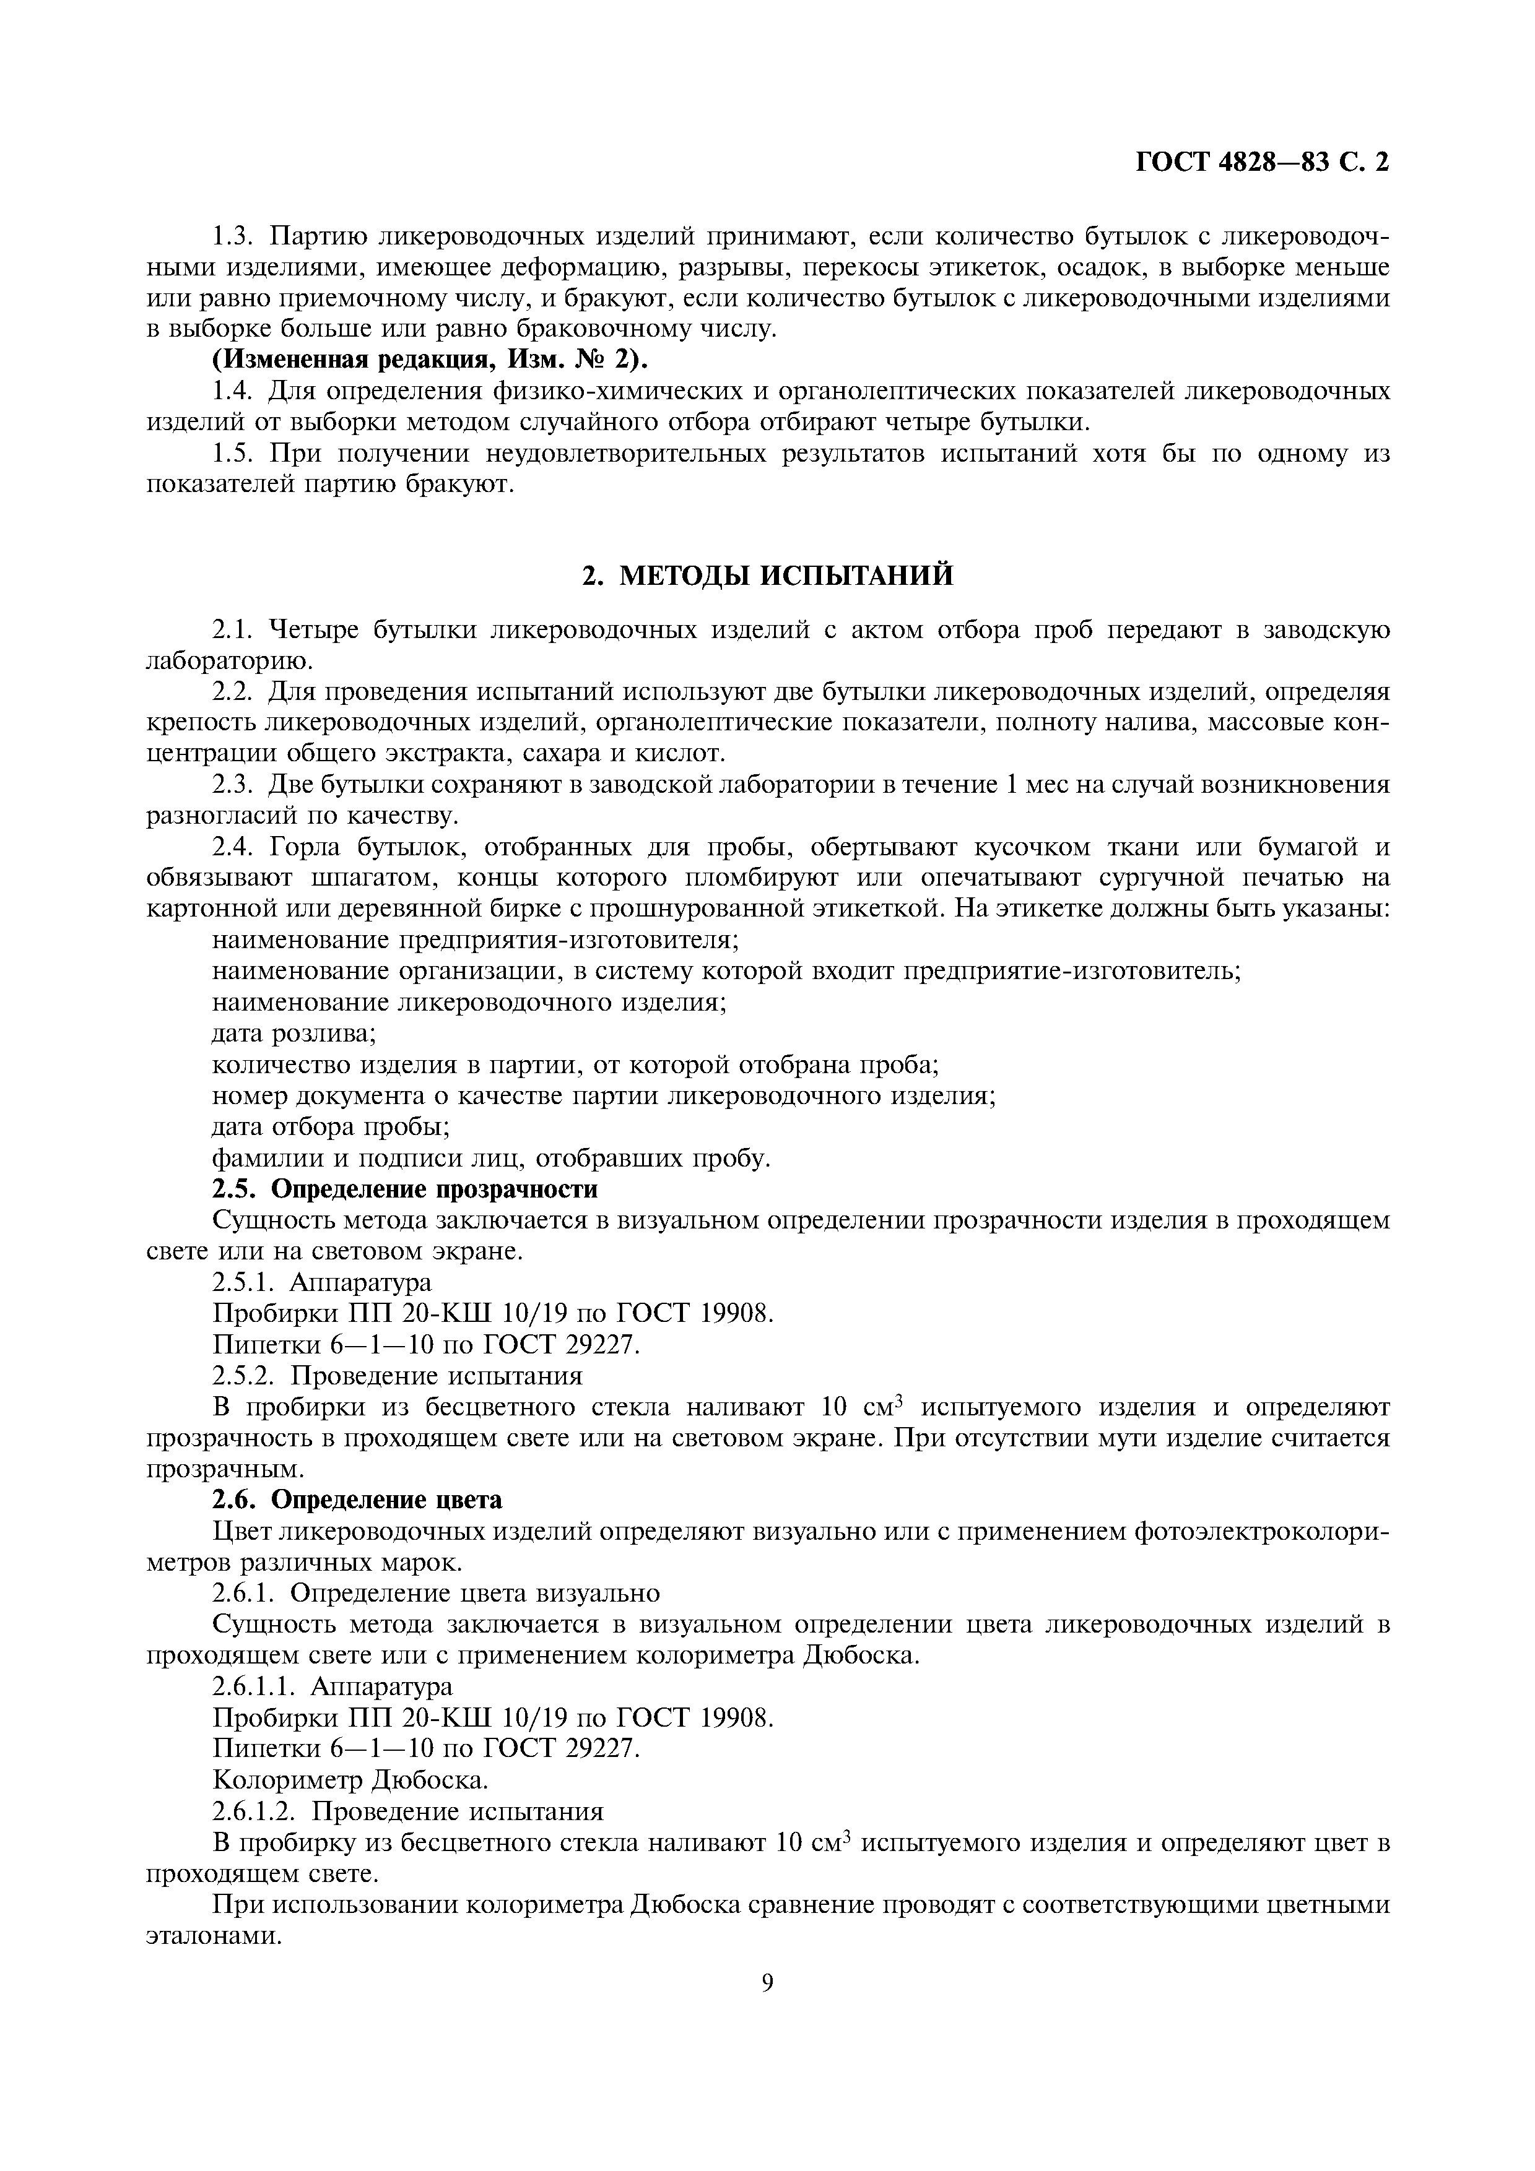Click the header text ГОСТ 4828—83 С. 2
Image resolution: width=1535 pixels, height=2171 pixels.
1262,163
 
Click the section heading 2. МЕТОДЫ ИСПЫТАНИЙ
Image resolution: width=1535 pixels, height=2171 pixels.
767,576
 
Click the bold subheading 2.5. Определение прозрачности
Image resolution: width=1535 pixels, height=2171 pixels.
405,1189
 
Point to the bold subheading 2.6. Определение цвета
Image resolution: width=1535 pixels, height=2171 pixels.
357,1500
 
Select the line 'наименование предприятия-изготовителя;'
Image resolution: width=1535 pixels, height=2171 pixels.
476,940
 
